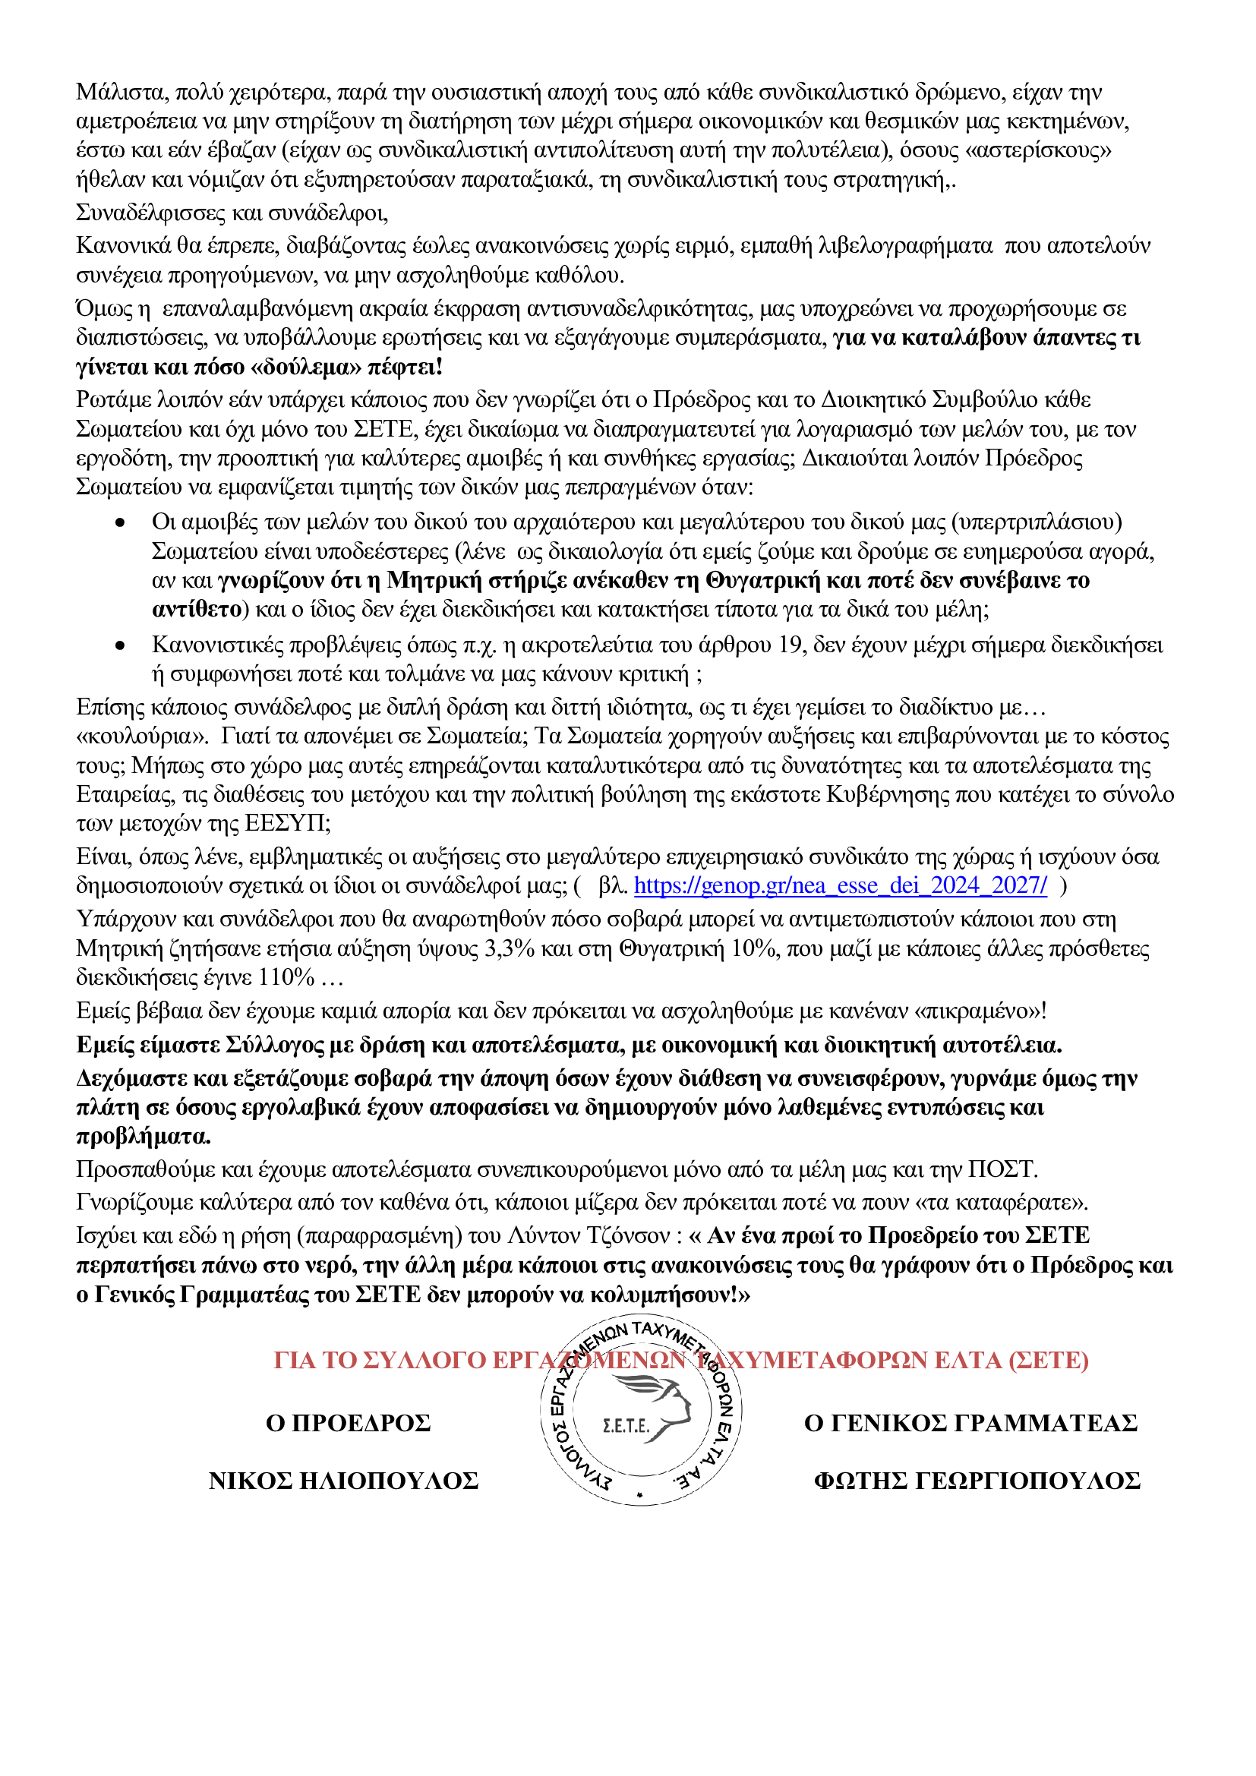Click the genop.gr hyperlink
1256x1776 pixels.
click(840, 885)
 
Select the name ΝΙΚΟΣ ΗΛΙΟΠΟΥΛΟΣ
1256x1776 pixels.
click(343, 1481)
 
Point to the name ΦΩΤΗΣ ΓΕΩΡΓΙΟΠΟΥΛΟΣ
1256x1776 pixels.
click(977, 1481)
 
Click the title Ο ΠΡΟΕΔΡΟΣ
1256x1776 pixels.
click(348, 1422)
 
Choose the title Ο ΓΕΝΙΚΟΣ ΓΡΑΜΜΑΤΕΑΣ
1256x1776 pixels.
click(970, 1422)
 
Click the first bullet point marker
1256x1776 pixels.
click(120, 523)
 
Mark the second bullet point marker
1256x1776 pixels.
click(120, 645)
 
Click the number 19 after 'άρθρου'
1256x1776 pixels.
click(792, 645)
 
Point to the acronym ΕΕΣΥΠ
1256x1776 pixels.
click(287, 824)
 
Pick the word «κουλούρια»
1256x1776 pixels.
click(142, 736)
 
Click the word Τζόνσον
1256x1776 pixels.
click(628, 1236)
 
